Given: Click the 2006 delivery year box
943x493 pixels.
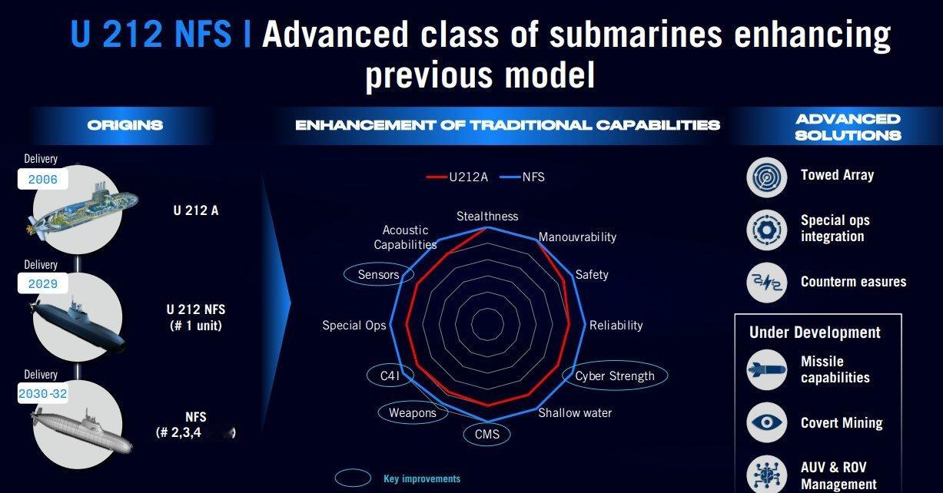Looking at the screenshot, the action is pos(42,179).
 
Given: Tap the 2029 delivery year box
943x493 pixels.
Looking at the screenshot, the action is pos(42,283).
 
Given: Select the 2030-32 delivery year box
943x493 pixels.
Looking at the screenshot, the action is pos(42,394).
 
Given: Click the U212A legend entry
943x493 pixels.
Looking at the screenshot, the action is pos(457,177).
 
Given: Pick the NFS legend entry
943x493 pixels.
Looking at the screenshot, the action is pos(522,177).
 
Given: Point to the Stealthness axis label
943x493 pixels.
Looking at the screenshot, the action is pos(487,217).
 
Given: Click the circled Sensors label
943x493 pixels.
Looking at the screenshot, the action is pos(378,274).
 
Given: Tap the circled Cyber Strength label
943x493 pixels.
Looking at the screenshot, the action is pos(615,376).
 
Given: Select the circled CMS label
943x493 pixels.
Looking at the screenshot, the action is pos(487,434).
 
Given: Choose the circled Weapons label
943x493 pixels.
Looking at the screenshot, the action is pos(413,412).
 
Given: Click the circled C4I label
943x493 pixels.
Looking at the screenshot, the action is pos(390,376).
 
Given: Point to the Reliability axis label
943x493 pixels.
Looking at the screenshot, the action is pos(616,325).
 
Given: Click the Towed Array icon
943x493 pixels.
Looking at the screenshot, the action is pos(766,177).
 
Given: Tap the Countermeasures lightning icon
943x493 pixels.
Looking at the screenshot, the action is pos(766,283).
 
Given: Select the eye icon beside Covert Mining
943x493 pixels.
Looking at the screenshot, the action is pos(766,422).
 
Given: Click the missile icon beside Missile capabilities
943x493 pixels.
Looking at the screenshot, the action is pos(766,370).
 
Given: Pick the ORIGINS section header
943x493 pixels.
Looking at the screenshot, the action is pos(125,125).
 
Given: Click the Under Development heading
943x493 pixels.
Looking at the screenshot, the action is pos(815,333).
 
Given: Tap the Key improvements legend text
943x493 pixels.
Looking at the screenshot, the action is pos(422,478).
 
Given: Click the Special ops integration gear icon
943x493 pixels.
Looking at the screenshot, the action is pos(766,230).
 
